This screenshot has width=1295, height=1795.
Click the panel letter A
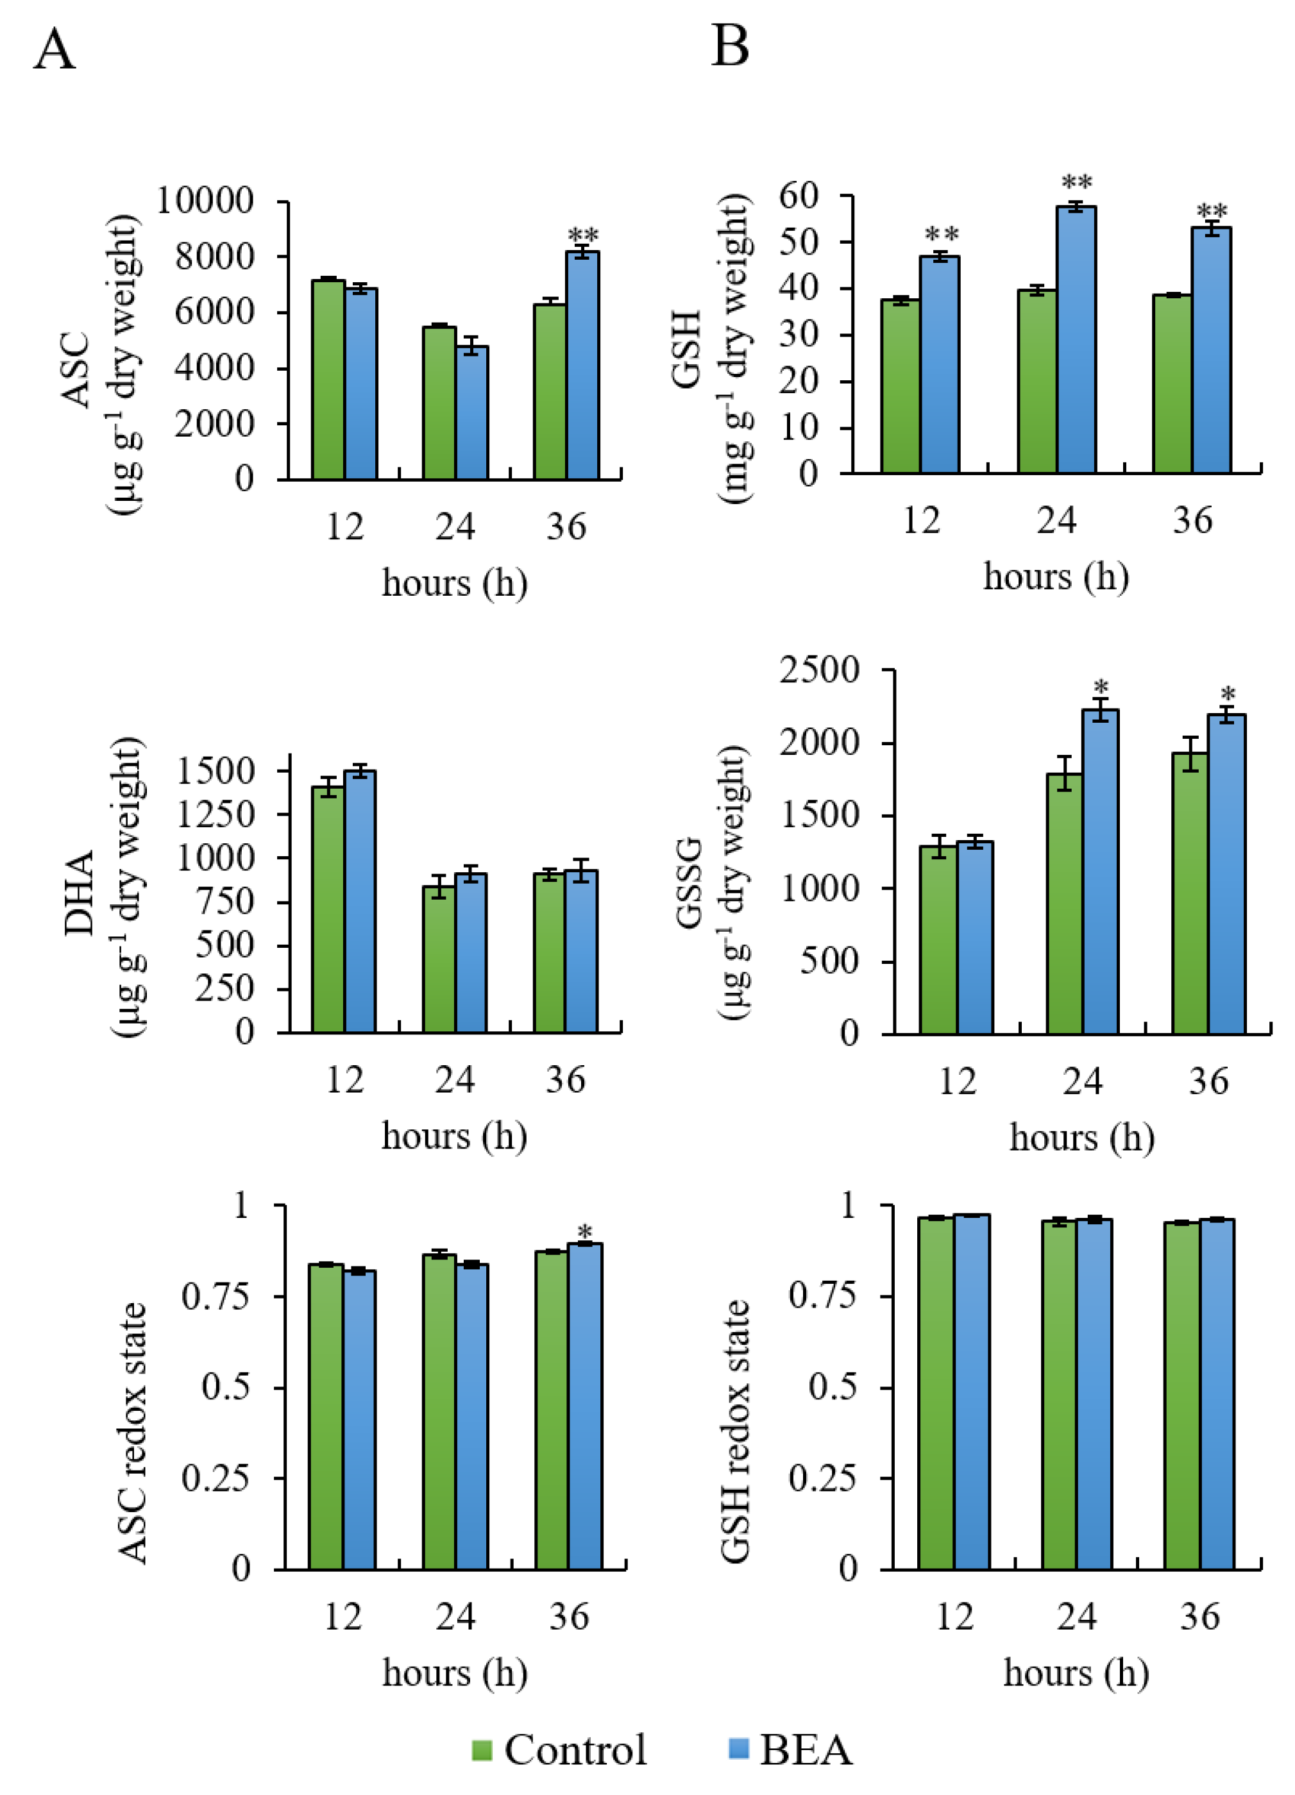[x=54, y=49]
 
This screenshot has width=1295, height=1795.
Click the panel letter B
[x=729, y=46]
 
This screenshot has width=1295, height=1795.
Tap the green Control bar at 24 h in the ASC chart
[x=439, y=403]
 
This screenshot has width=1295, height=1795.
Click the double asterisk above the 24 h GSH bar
[x=1076, y=183]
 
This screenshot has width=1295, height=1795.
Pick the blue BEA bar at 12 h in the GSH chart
[x=940, y=365]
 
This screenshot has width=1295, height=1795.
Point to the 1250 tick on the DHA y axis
[x=214, y=814]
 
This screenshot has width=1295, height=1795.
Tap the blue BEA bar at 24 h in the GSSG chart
[x=1099, y=872]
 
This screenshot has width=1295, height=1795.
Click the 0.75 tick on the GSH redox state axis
[x=822, y=1295]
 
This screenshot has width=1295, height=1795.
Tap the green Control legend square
[x=481, y=1750]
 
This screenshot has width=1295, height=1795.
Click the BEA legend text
[x=806, y=1750]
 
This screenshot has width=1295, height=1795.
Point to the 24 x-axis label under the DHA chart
[x=454, y=1081]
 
